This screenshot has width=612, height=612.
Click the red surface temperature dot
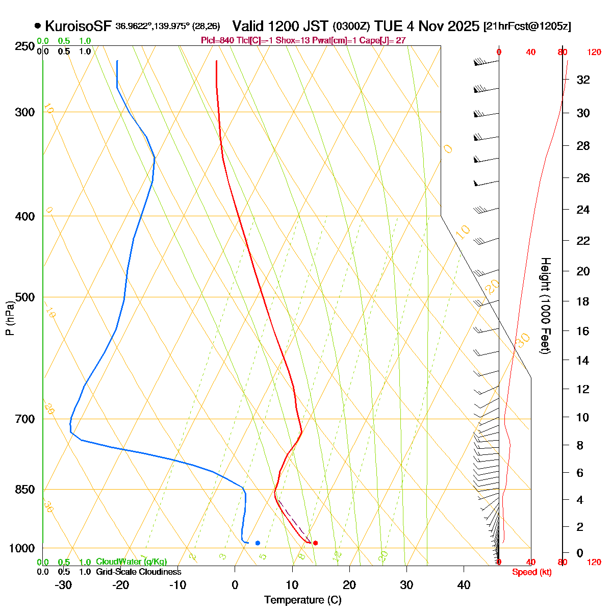click(x=315, y=543)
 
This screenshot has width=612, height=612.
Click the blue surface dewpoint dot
click(x=258, y=543)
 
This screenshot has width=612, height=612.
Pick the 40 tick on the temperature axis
click(x=464, y=585)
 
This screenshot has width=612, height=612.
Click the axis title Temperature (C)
click(x=302, y=600)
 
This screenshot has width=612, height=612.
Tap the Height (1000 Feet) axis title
click(x=545, y=306)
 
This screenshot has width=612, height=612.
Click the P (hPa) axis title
click(x=10, y=318)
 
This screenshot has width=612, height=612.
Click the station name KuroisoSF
click(x=78, y=26)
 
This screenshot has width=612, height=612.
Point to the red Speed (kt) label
click(x=532, y=572)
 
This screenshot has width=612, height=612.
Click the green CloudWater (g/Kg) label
click(x=131, y=562)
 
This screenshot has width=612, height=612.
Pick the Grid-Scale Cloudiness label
click(x=138, y=572)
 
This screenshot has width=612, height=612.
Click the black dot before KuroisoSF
click(x=38, y=25)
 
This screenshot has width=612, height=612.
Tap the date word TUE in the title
click(x=387, y=26)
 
